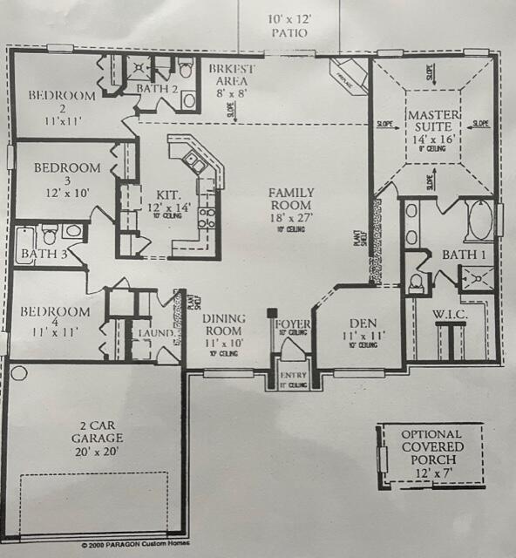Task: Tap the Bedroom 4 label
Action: (55, 318)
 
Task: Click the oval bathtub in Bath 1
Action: (477, 221)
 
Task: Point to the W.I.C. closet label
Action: (451, 313)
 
